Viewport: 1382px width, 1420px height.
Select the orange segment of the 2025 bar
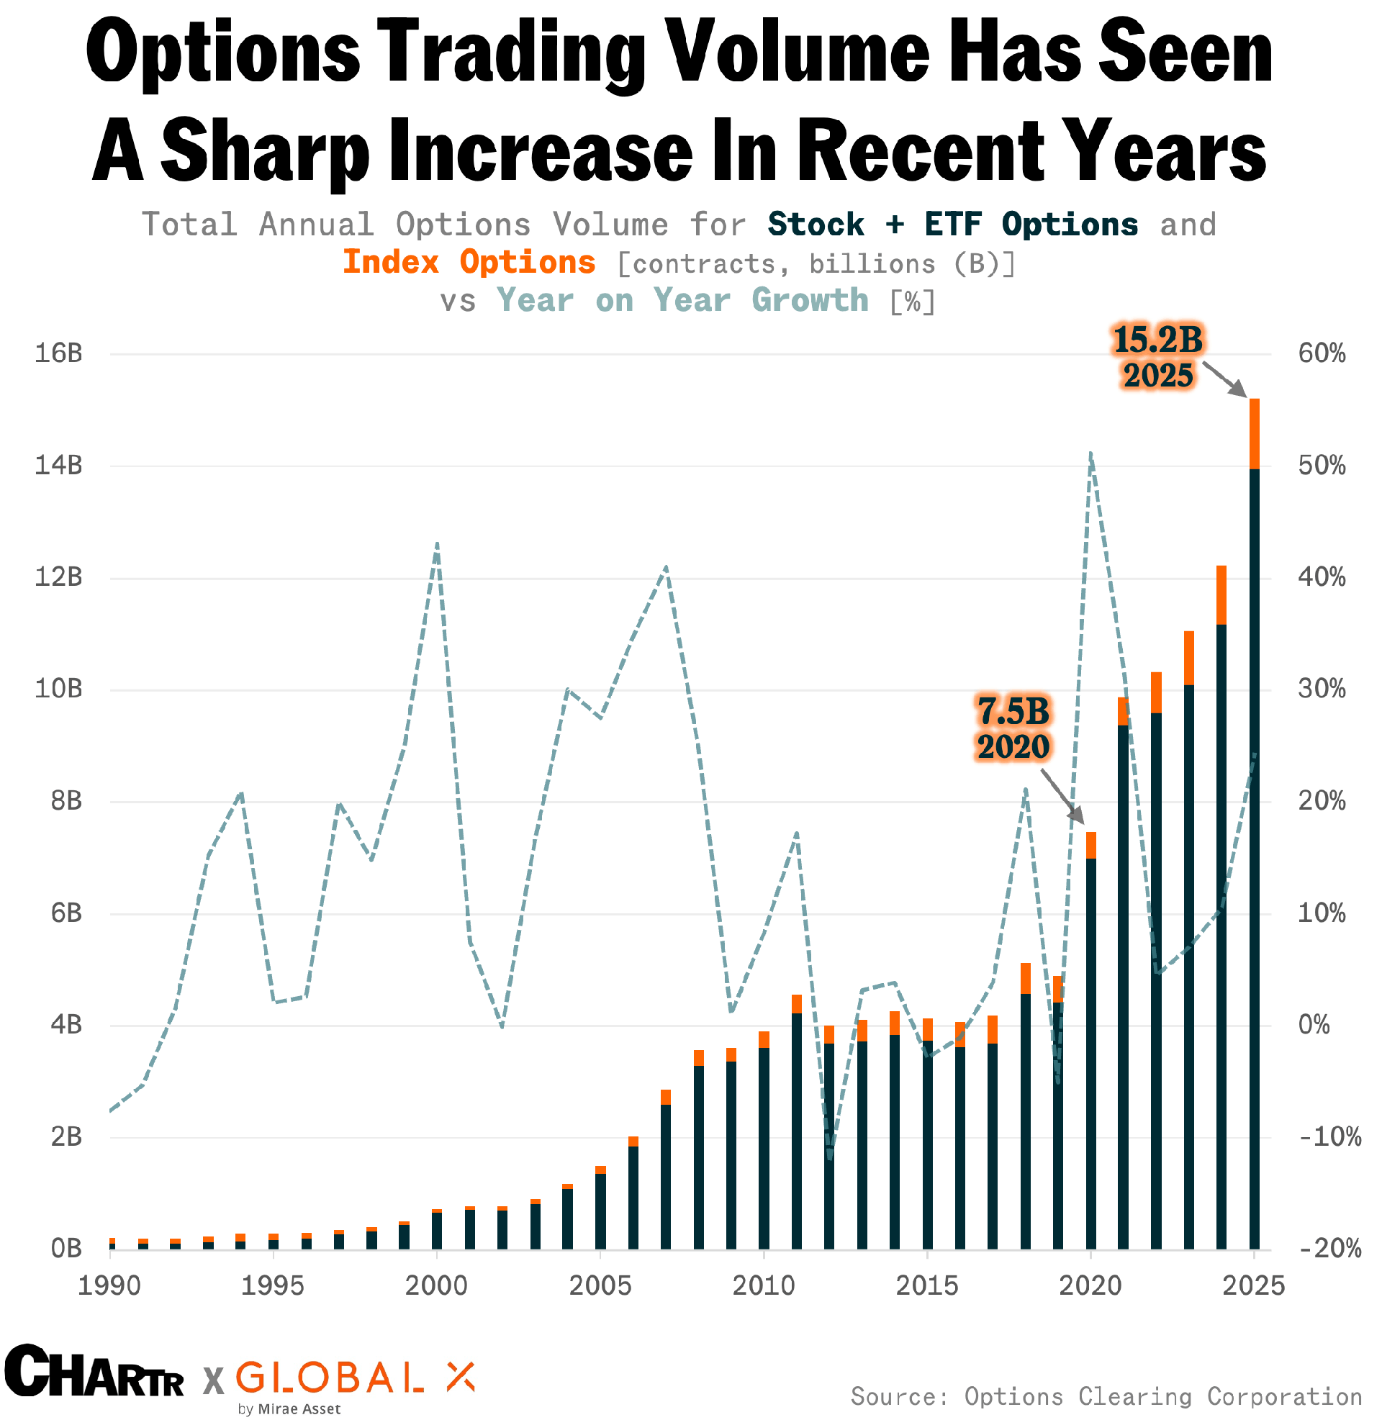pos(1254,434)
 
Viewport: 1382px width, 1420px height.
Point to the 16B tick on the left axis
pos(58,353)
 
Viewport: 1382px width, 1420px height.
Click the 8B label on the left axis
pos(66,801)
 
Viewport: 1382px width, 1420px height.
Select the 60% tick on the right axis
pos(1322,353)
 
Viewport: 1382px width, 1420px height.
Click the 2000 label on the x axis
pos(436,1286)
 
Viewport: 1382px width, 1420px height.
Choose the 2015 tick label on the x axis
pos(927,1286)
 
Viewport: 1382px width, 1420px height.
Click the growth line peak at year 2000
pos(437,544)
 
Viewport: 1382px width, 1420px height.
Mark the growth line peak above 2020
pos(1090,454)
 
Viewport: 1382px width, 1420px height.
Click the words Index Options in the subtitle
pos(469,263)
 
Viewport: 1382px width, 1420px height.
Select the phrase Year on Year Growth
pos(682,300)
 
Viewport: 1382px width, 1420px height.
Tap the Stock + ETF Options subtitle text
pos(952,225)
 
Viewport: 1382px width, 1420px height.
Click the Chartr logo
pos(94,1370)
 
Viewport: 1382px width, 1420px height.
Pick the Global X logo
pos(355,1377)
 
